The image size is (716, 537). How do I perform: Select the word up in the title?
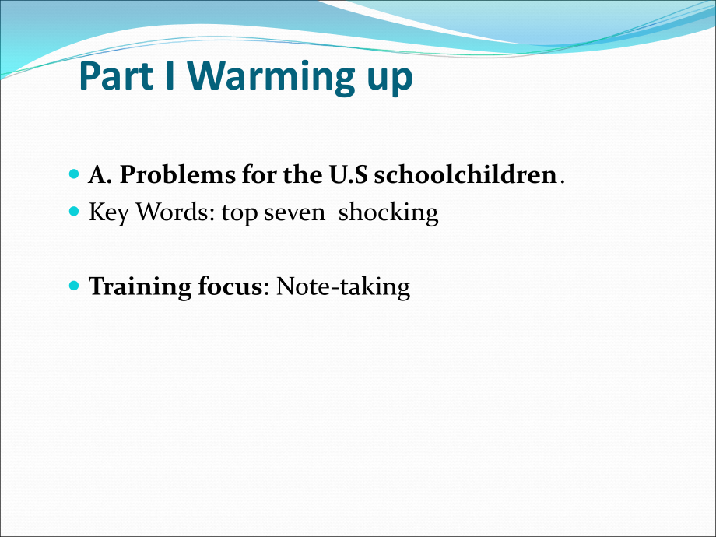coord(386,81)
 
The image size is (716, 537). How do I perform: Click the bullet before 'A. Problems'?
coord(75,174)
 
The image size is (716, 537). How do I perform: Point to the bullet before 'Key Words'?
coord(75,211)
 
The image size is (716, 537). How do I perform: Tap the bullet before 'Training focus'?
coord(75,286)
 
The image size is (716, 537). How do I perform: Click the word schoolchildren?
coord(464,174)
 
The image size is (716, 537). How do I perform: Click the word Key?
coord(106,212)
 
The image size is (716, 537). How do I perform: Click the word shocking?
coord(388,213)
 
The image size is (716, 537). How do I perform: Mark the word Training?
coord(128,287)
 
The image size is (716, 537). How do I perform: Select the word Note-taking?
coord(342,287)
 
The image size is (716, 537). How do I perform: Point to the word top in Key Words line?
coord(239,214)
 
